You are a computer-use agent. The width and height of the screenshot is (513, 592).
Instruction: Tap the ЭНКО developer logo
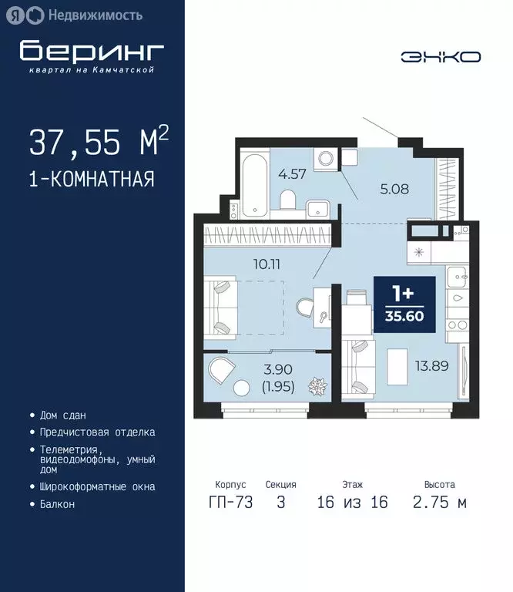440,56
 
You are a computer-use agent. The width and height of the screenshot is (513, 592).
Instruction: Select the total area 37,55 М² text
99,143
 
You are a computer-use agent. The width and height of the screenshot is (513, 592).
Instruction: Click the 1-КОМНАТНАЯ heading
92,180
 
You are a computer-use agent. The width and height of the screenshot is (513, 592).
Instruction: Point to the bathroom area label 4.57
293,173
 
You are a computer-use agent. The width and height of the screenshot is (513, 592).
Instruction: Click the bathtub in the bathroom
253,185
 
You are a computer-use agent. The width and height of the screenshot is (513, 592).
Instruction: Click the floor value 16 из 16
352,503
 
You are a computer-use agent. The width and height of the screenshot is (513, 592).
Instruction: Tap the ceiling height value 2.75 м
440,503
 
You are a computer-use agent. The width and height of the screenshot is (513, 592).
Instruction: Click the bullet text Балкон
58,505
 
